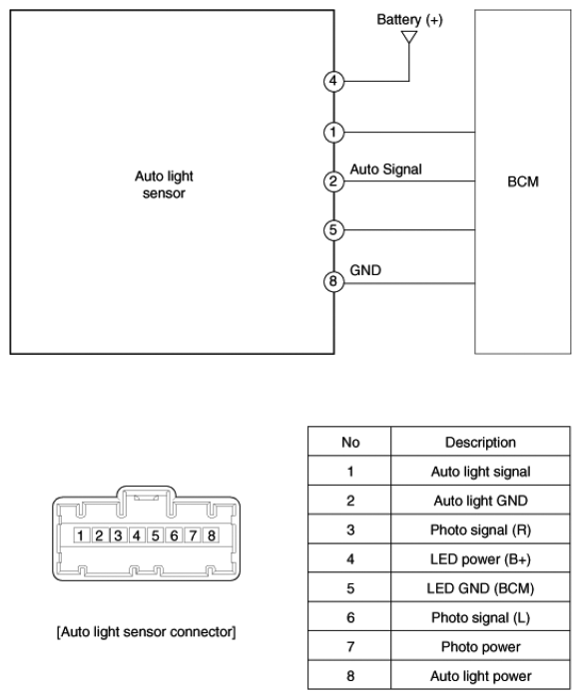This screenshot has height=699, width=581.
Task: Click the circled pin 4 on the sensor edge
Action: pos(333,81)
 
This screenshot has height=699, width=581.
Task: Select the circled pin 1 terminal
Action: pos(333,133)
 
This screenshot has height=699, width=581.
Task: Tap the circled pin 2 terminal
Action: pos(333,181)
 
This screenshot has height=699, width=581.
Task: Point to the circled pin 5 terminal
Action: pos(333,230)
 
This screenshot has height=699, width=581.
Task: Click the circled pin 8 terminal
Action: pos(333,281)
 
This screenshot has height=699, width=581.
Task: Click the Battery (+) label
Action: pos(409,20)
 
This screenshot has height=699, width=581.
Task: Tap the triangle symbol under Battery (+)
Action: pos(409,38)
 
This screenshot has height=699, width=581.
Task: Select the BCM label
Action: pos(523,181)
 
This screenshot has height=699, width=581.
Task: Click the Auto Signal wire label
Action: pos(385,170)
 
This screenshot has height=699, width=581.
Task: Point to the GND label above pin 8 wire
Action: pos(365,270)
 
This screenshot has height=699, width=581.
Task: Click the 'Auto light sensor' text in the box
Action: pos(164,184)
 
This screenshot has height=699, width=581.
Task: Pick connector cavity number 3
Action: pos(118,535)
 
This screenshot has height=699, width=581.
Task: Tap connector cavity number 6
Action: pos(175,535)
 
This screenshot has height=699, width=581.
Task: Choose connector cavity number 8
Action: pos(212,535)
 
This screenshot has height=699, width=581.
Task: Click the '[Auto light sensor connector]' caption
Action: pos(147,632)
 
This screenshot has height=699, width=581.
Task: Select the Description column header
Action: pos(480,442)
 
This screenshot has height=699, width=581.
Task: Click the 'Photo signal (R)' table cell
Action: pos(480,530)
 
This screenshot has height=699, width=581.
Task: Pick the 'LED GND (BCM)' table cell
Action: pos(480,588)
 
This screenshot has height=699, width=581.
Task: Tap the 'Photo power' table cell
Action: pos(480,647)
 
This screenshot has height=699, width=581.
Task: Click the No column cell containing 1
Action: pos(350,472)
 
